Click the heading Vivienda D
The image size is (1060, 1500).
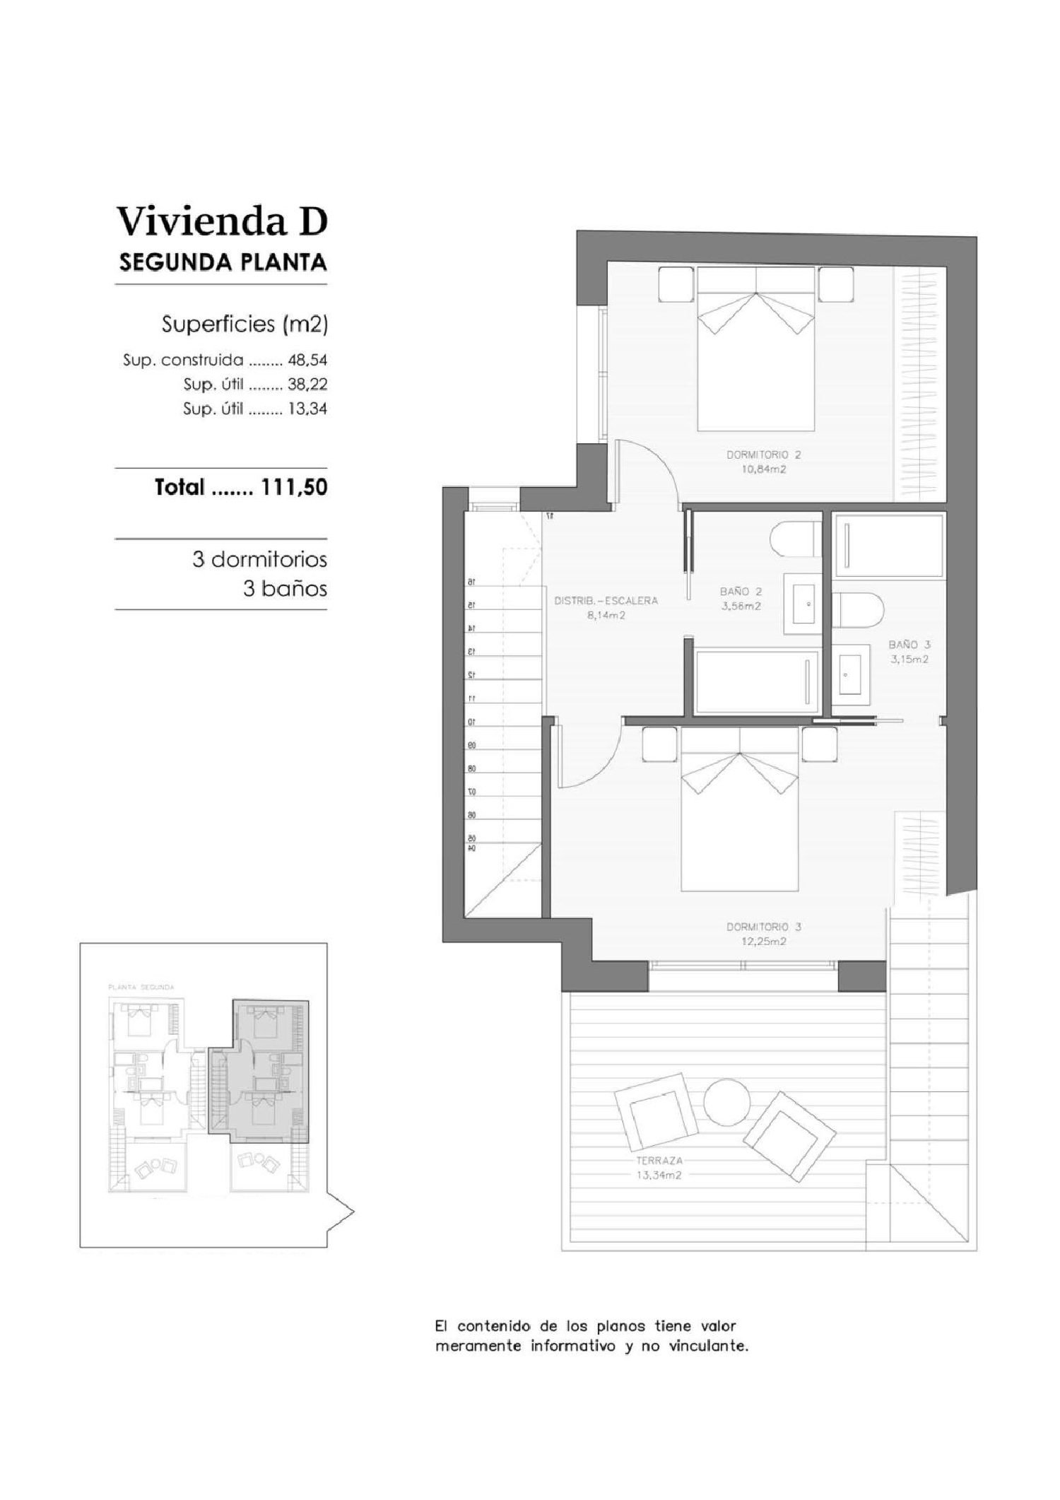click(222, 221)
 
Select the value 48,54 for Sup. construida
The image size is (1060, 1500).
click(307, 360)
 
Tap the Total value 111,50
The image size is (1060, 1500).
click(294, 487)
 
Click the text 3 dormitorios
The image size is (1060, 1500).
click(259, 560)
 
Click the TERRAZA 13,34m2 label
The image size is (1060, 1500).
click(659, 1168)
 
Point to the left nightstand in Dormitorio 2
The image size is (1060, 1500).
click(677, 284)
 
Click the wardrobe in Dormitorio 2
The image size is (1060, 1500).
click(919, 382)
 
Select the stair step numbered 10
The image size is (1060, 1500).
click(471, 722)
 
